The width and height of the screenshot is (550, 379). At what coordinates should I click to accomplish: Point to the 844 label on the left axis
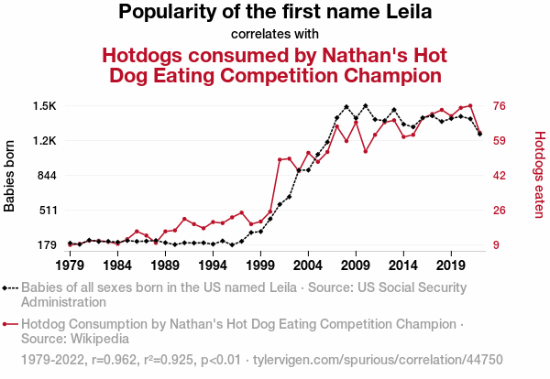coord(46,176)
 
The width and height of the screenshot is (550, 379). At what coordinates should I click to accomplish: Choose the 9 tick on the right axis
coord(498,244)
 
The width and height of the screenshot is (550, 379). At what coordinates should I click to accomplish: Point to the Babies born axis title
coord(11,176)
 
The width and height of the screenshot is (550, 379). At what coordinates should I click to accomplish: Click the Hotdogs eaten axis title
coord(539,176)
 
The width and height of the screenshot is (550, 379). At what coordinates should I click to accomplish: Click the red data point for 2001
coord(280,159)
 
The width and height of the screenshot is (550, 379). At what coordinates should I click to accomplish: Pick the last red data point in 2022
coord(479,134)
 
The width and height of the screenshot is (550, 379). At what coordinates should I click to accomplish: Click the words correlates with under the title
coord(275,35)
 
